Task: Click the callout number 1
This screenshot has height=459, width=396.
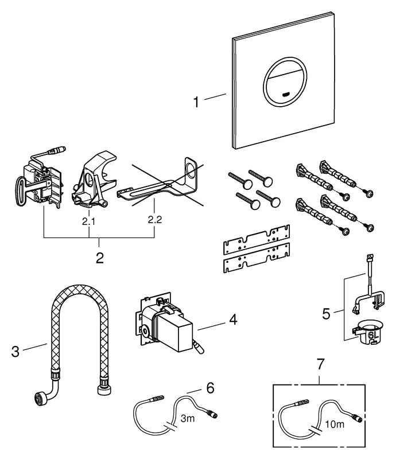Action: click(x=196, y=103)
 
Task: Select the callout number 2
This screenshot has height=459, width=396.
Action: click(x=99, y=257)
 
